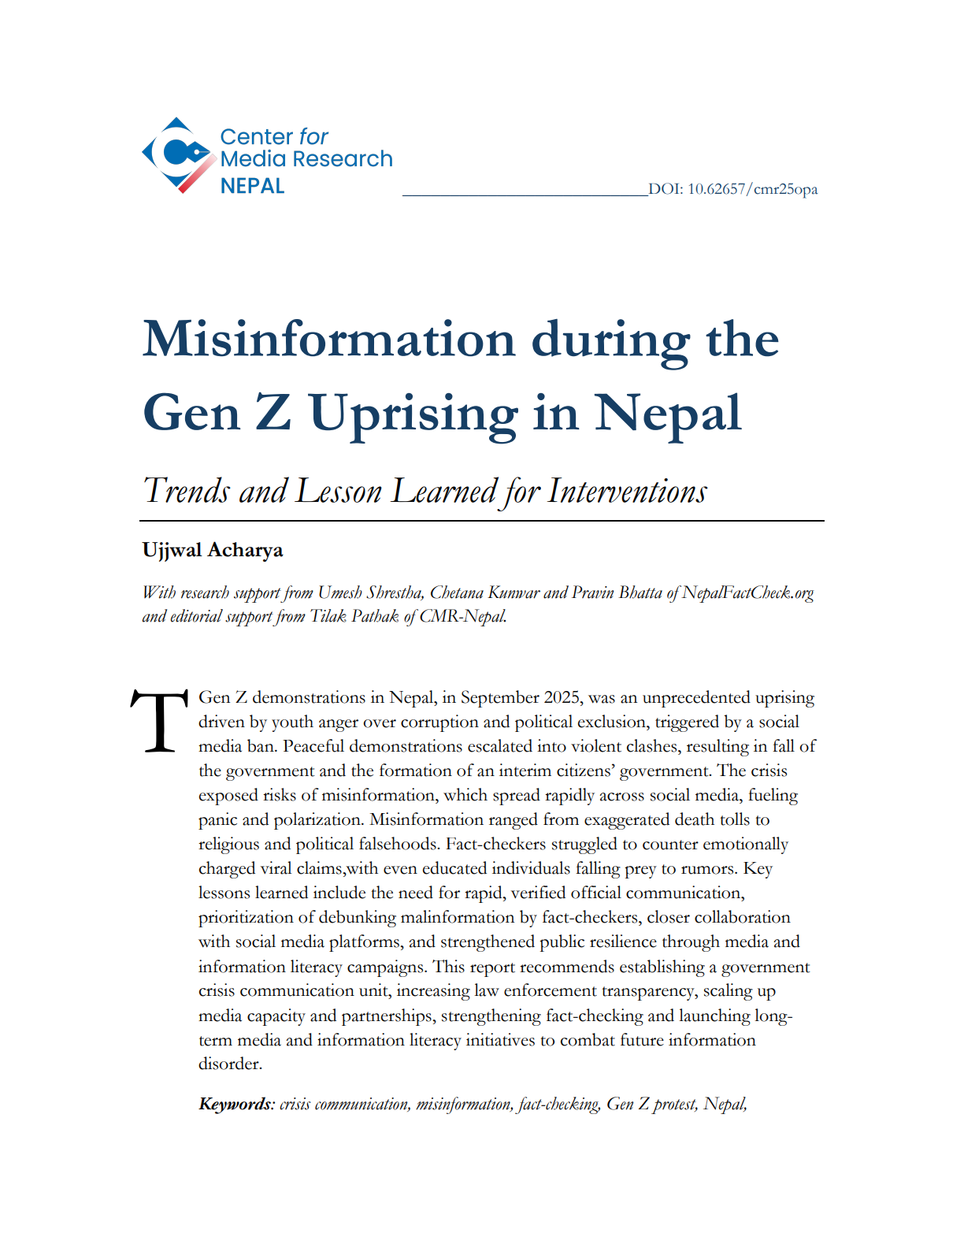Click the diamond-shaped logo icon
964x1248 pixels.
click(178, 154)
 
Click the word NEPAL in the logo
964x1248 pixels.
click(252, 187)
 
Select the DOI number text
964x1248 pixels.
click(732, 189)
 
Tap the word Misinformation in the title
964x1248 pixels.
click(328, 340)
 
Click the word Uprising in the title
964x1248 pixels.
click(413, 414)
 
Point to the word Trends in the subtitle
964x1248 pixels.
click(187, 492)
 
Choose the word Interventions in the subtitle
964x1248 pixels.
click(627, 492)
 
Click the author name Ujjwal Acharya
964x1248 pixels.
click(213, 550)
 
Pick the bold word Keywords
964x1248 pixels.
click(235, 1104)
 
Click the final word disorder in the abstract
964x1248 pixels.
click(229, 1064)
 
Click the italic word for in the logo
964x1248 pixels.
click(313, 137)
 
